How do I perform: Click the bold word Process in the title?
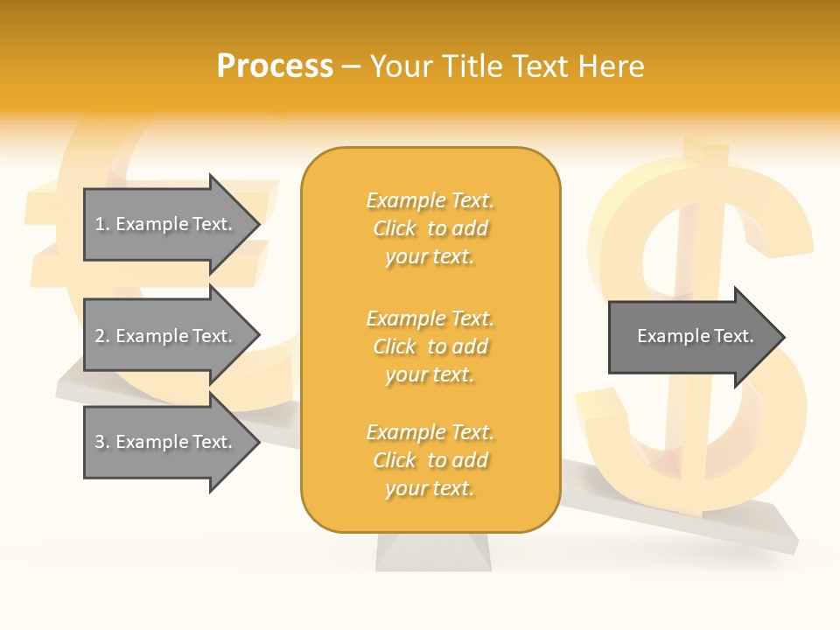pos(275,66)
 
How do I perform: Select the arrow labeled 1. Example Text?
pos(166,224)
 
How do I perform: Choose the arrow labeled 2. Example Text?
pos(166,336)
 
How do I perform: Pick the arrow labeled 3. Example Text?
pos(166,442)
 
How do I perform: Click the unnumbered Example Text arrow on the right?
pos(691,336)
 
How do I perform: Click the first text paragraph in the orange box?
pos(430,228)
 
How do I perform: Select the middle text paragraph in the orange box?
pos(430,346)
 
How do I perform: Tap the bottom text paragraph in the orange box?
pos(430,460)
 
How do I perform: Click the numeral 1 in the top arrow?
pos(100,224)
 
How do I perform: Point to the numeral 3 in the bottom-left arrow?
pos(100,442)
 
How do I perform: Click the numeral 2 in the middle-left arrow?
pos(100,336)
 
